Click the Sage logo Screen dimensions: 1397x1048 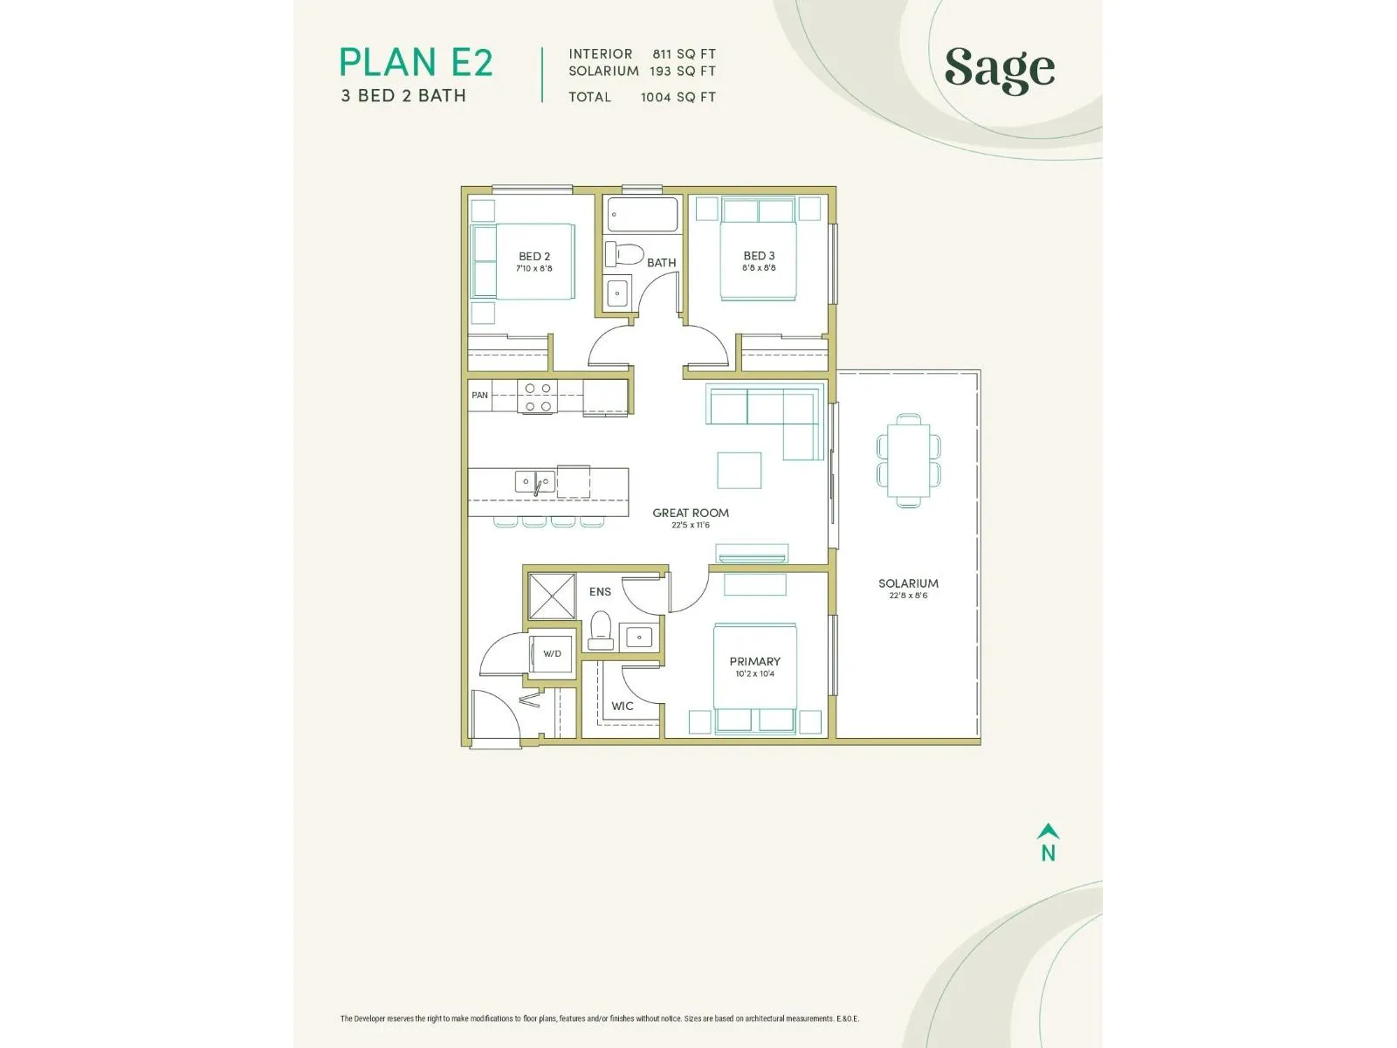pyautogui.click(x=999, y=70)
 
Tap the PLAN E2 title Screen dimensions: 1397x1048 pyautogui.click(x=416, y=62)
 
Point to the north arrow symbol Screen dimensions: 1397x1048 pyautogui.click(x=1049, y=831)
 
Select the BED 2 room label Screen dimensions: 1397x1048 pyautogui.click(x=534, y=257)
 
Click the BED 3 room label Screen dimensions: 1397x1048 pyautogui.click(x=759, y=256)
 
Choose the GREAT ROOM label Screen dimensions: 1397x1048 pyautogui.click(x=691, y=513)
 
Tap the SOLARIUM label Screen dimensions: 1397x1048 pyautogui.click(x=908, y=583)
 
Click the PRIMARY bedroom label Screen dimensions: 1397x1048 pyautogui.click(x=755, y=662)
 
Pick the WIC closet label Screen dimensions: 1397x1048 pyautogui.click(x=622, y=707)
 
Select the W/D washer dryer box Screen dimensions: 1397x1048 pyautogui.click(x=552, y=653)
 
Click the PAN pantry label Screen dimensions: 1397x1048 pyautogui.click(x=480, y=395)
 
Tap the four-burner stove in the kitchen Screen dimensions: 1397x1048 pyautogui.click(x=537, y=396)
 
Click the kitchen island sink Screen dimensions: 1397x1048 pyautogui.click(x=534, y=482)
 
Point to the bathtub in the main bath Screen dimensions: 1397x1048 pyautogui.click(x=642, y=215)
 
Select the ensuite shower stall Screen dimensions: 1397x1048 pyautogui.click(x=552, y=596)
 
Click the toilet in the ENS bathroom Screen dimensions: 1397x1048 pyautogui.click(x=600, y=631)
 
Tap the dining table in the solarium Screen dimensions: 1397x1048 pyautogui.click(x=908, y=461)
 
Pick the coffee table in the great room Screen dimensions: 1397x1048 pyautogui.click(x=739, y=470)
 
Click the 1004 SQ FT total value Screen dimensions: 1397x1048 pyautogui.click(x=678, y=97)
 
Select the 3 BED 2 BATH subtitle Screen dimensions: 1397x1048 pyautogui.click(x=403, y=96)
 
